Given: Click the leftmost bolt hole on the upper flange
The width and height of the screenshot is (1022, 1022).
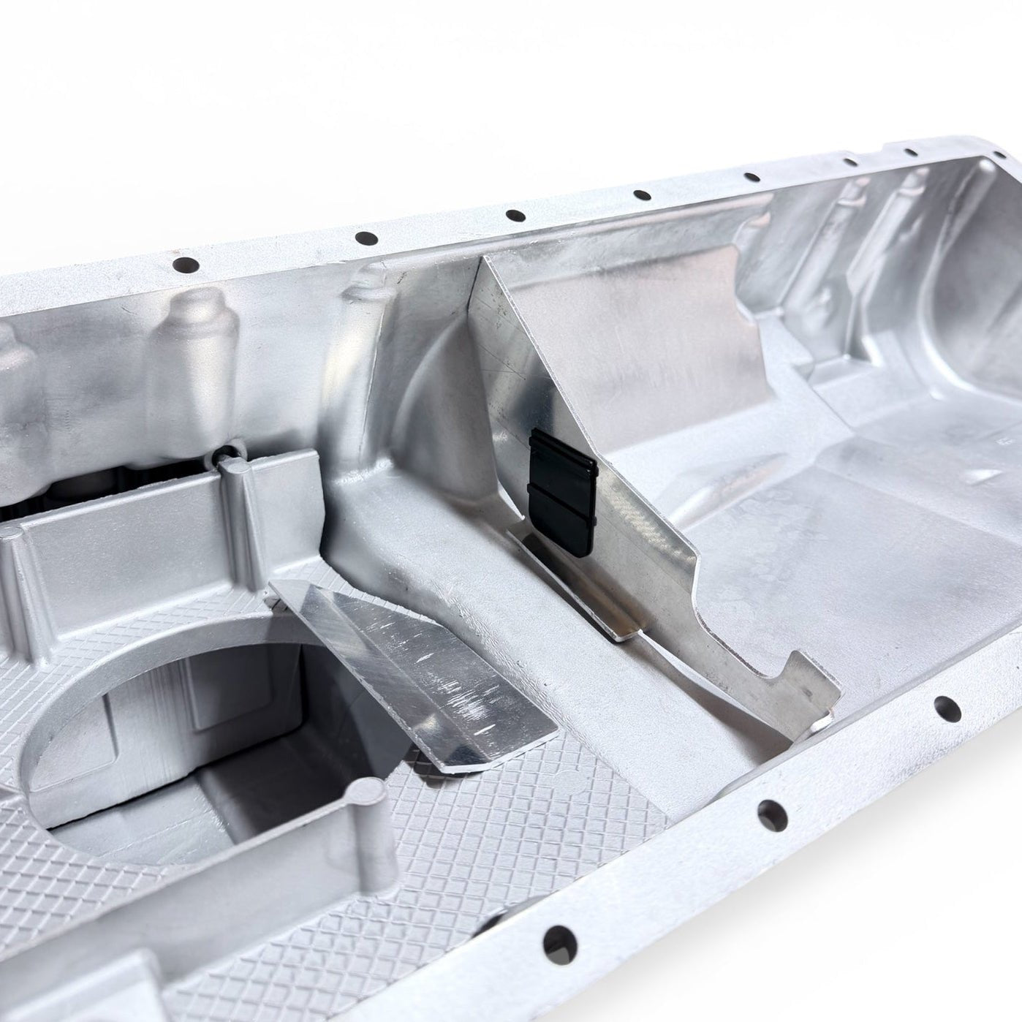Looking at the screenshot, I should pos(185,265).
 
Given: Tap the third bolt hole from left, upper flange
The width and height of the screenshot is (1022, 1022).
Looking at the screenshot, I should pos(515,216).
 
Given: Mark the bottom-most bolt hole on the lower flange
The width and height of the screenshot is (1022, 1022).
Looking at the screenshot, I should pos(558,939).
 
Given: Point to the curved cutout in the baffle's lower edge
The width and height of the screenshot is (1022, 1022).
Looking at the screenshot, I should pos(720,621).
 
